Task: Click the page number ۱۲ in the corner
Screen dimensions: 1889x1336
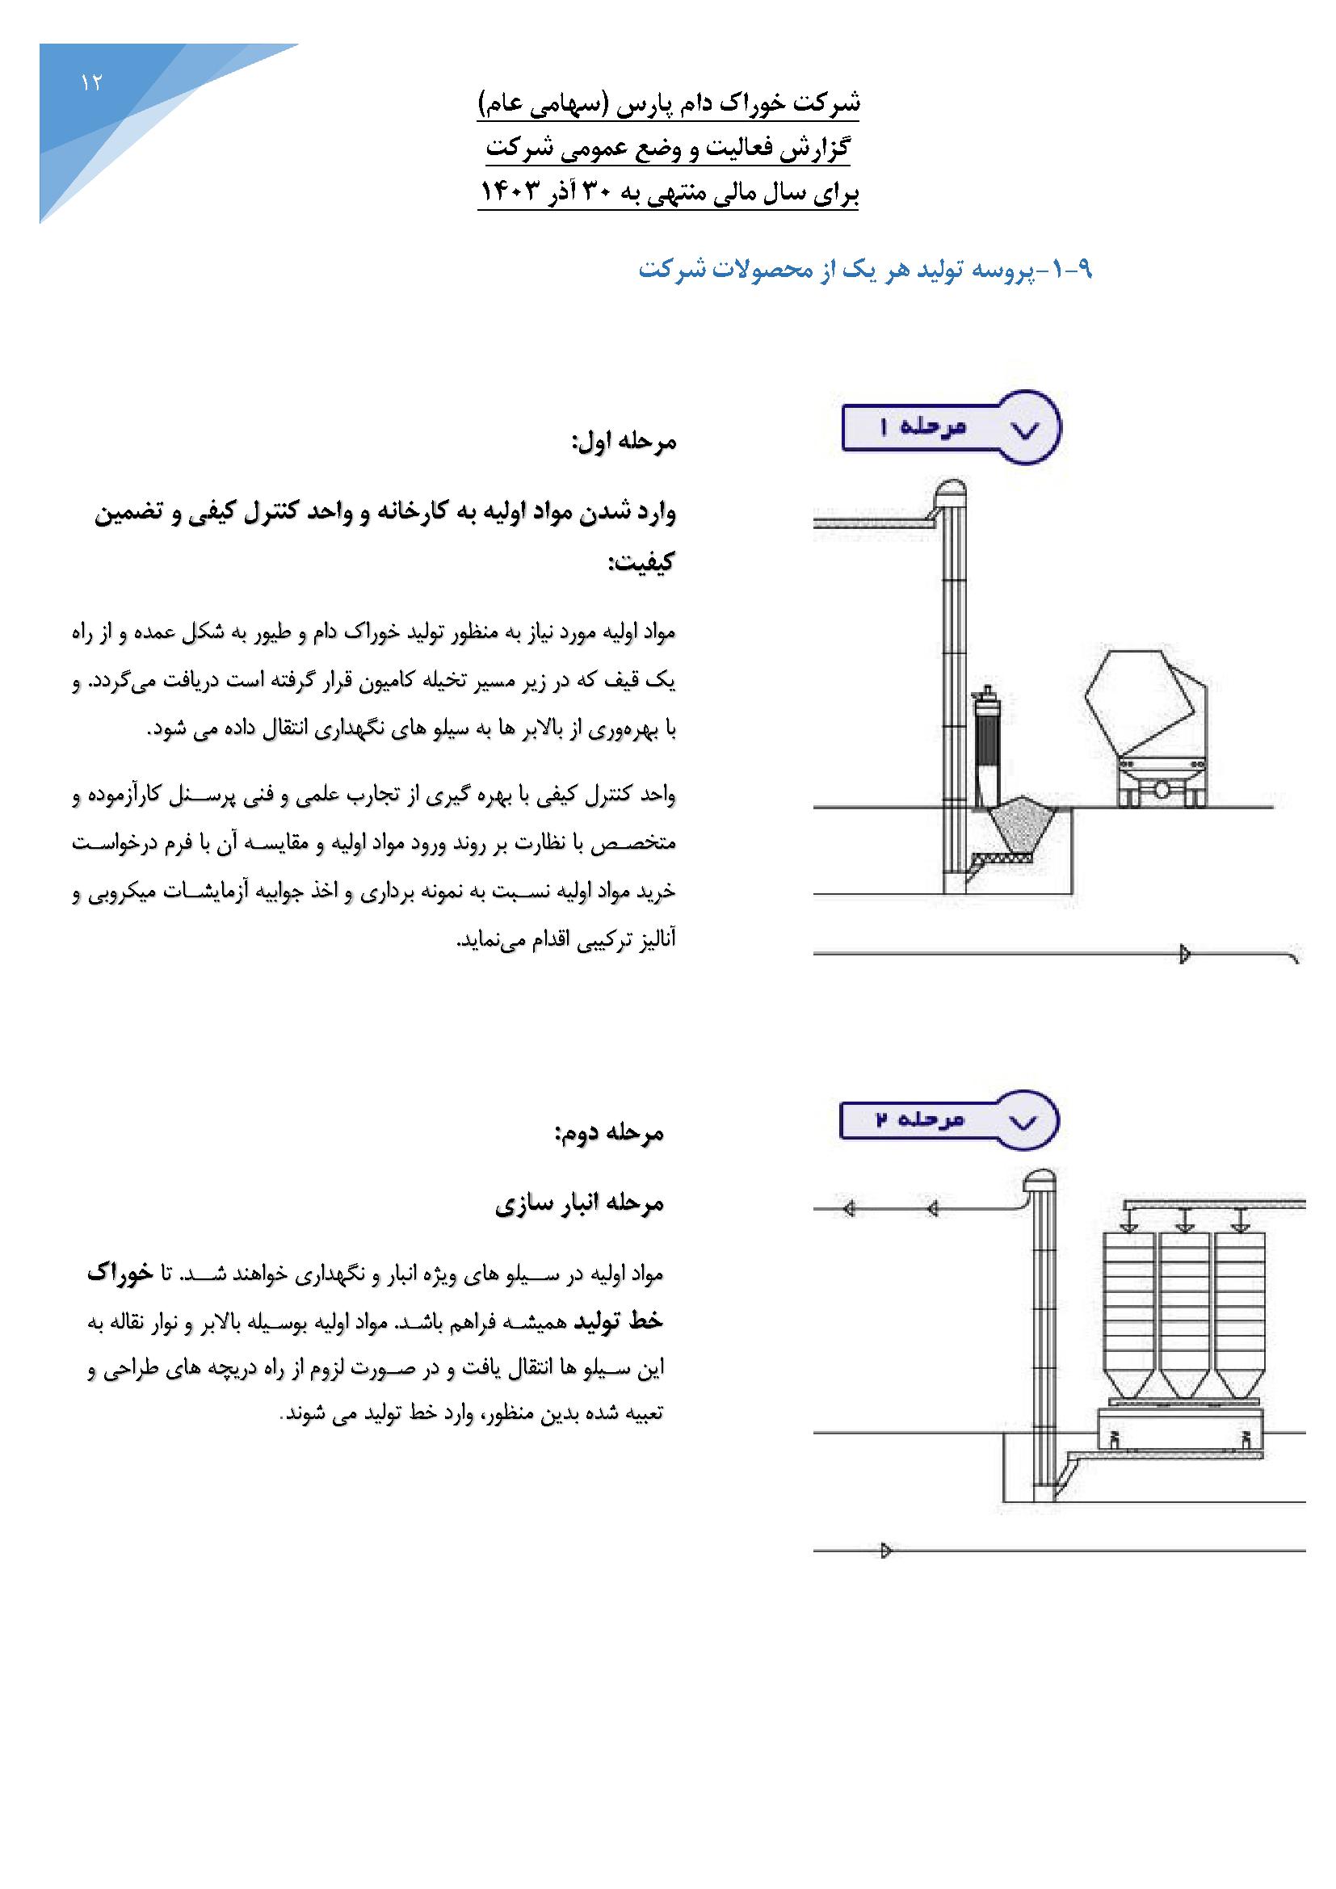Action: (x=90, y=83)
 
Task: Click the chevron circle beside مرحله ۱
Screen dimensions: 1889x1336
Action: (x=1027, y=429)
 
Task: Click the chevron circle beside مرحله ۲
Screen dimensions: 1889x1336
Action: (x=1025, y=1122)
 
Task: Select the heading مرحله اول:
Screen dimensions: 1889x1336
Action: (x=624, y=443)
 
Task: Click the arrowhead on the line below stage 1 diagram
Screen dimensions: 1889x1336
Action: (x=1185, y=955)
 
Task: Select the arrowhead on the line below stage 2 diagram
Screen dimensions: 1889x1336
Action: (x=886, y=1550)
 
